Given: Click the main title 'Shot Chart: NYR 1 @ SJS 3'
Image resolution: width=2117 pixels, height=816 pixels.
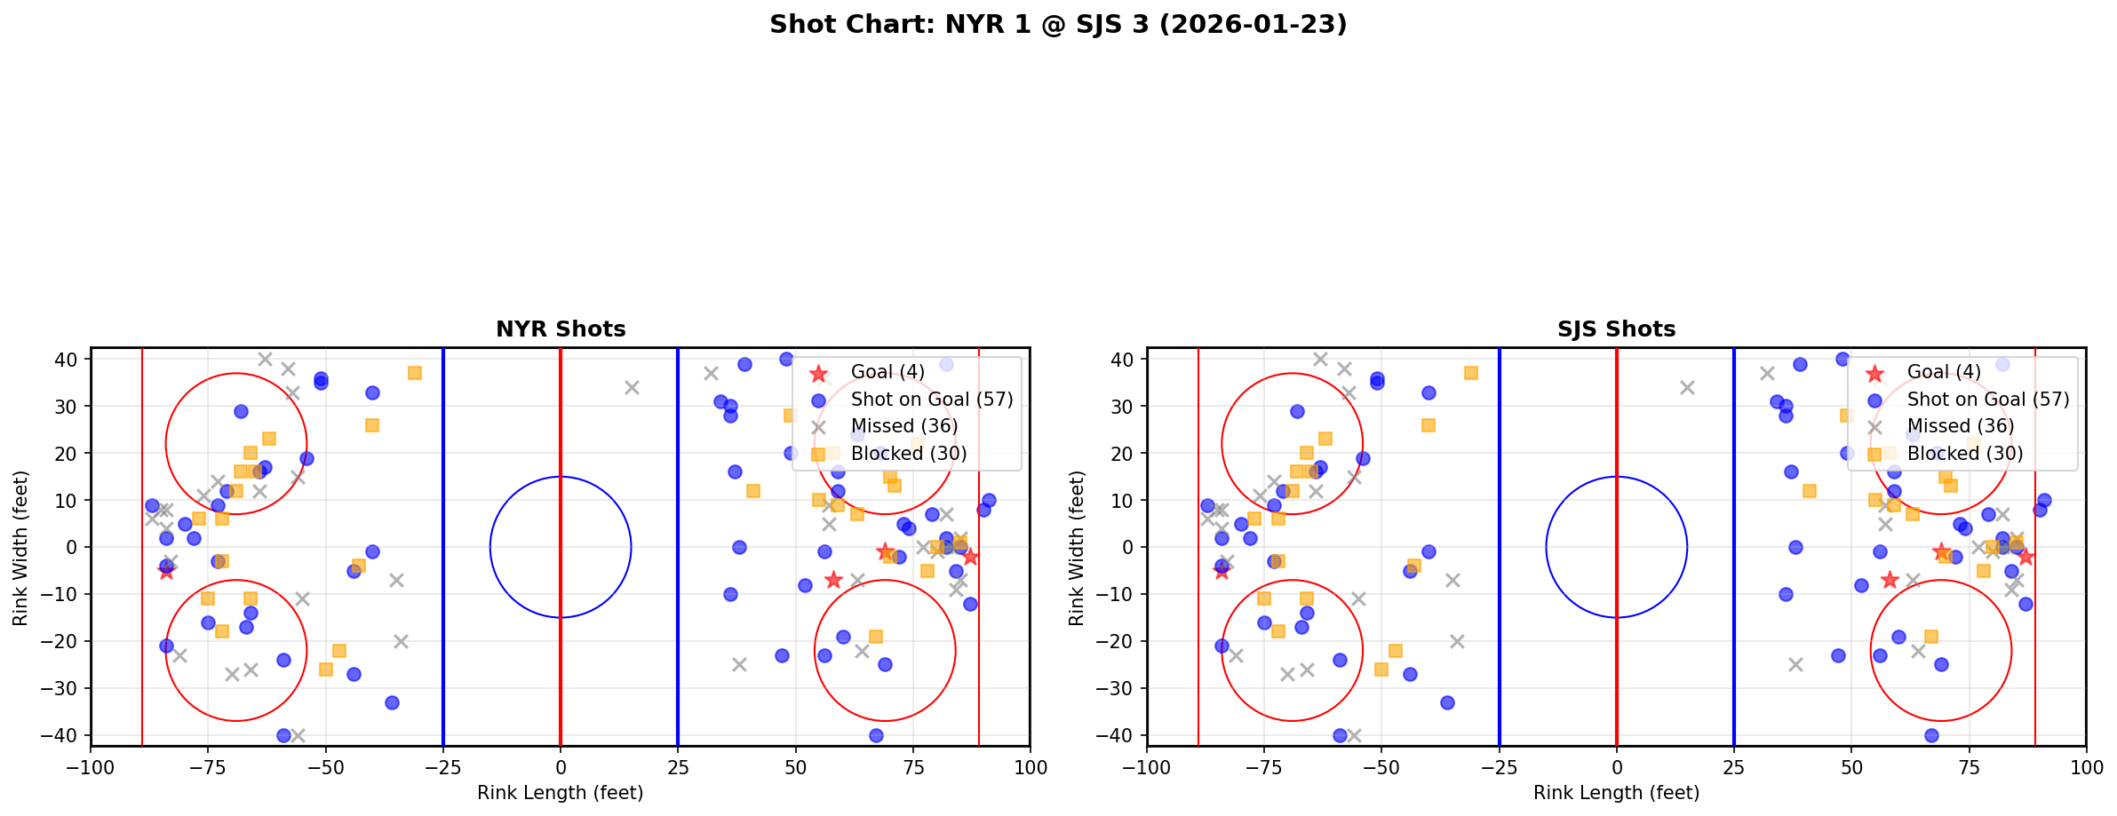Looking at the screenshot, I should pyautogui.click(x=1057, y=25).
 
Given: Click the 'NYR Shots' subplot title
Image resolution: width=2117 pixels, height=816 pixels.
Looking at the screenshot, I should pyautogui.click(x=561, y=329).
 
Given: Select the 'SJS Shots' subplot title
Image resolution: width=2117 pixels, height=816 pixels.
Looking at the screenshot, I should pyautogui.click(x=1616, y=329).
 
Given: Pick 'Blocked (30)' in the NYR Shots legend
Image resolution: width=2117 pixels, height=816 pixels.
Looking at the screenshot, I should pyautogui.click(x=908, y=454).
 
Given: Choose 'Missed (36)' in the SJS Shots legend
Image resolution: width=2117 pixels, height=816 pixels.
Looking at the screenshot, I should pyautogui.click(x=1960, y=426).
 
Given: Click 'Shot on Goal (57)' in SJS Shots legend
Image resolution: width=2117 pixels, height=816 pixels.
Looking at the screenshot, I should pyautogui.click(x=1987, y=400).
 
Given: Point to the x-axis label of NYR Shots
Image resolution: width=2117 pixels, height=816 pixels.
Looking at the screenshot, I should pyautogui.click(x=561, y=793).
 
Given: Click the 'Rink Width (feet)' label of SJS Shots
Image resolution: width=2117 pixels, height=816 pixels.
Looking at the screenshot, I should pyautogui.click(x=1077, y=548).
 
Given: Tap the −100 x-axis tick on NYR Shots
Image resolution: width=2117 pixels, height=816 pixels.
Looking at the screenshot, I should pyautogui.click(x=91, y=766).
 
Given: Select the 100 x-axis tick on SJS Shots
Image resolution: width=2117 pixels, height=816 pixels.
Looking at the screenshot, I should pyautogui.click(x=2086, y=766).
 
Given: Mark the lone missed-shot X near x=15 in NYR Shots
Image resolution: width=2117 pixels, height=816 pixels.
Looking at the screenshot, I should pyautogui.click(x=632, y=388).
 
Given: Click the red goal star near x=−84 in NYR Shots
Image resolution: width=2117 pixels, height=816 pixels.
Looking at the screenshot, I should pyautogui.click(x=166, y=571).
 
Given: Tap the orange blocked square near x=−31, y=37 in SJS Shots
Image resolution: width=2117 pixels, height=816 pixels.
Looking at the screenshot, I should pyautogui.click(x=1471, y=373).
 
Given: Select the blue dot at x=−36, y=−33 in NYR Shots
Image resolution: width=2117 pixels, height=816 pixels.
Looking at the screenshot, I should pyautogui.click(x=392, y=702).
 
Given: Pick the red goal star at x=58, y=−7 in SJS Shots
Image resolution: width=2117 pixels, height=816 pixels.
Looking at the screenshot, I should pyautogui.click(x=1890, y=580).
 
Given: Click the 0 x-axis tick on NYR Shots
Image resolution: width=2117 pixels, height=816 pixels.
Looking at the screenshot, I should pyautogui.click(x=561, y=766).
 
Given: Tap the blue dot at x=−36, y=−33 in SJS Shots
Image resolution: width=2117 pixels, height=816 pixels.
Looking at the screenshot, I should pyautogui.click(x=1447, y=702).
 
